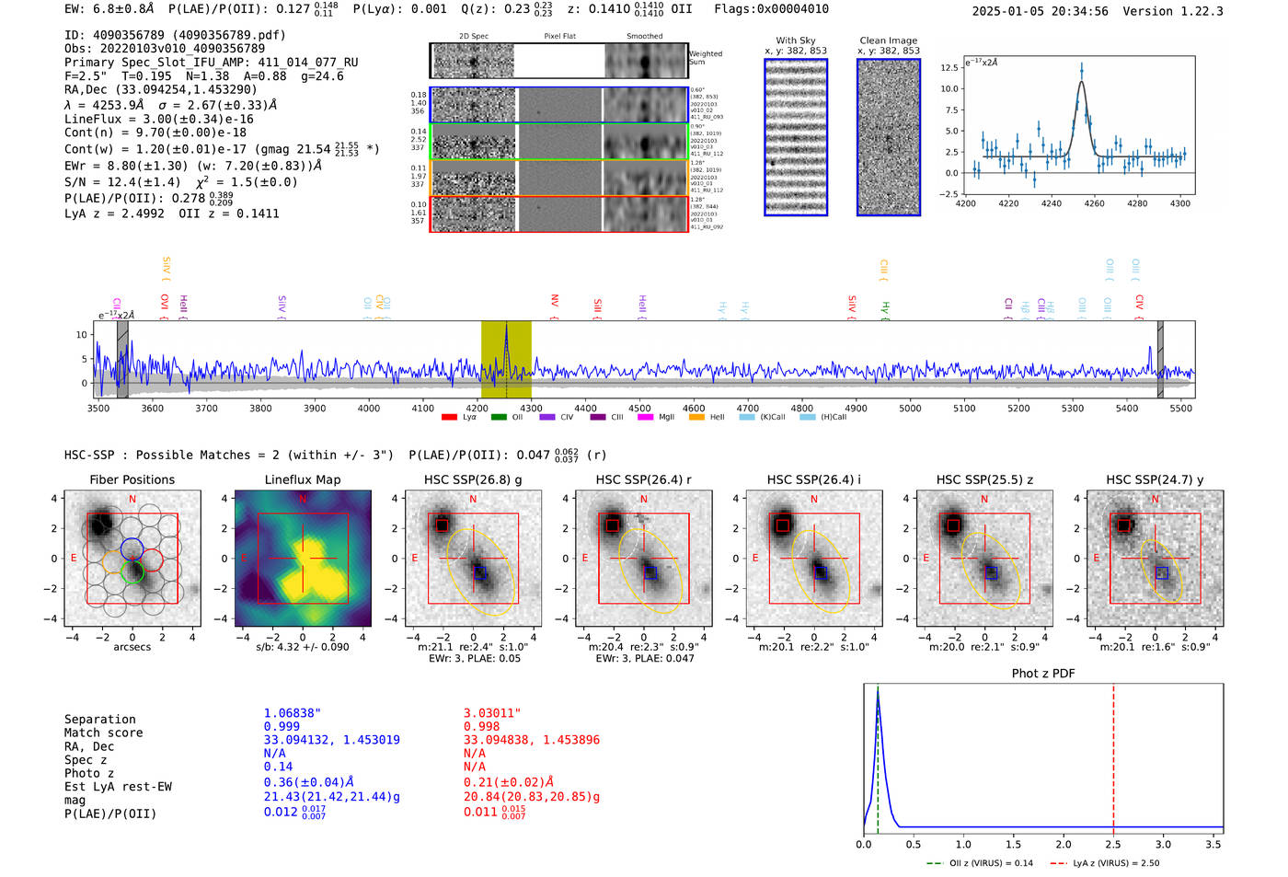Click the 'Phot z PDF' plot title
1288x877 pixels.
pos(1042,674)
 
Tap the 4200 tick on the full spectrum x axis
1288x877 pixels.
pos(477,409)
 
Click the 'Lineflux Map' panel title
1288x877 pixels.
pos(302,480)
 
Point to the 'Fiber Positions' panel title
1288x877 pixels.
pos(132,480)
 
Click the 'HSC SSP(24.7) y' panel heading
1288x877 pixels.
pos(1155,480)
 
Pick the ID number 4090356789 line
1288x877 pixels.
pos(175,35)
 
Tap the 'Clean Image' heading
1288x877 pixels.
pos(888,40)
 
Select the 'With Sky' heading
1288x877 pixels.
pos(795,40)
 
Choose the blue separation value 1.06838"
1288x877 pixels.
pos(292,713)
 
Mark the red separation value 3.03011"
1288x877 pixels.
pos(491,713)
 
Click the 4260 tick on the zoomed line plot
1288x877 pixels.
pos(1094,203)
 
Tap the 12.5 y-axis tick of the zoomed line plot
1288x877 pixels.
pos(949,68)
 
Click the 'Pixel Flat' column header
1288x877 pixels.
pos(559,37)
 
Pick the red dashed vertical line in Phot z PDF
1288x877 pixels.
pos(1113,755)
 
